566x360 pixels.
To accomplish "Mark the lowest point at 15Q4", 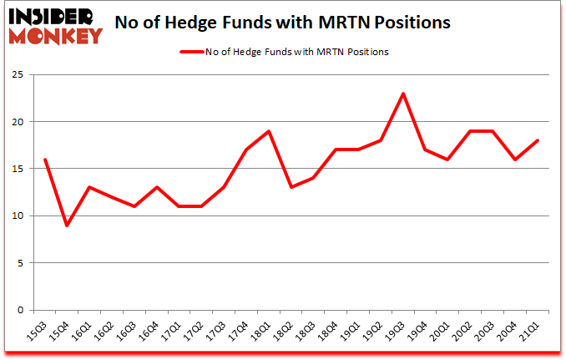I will (67, 226).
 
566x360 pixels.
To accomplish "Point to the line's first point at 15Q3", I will (44, 160).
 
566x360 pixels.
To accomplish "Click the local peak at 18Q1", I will (269, 131).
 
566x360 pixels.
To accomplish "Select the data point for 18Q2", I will (291, 187).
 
